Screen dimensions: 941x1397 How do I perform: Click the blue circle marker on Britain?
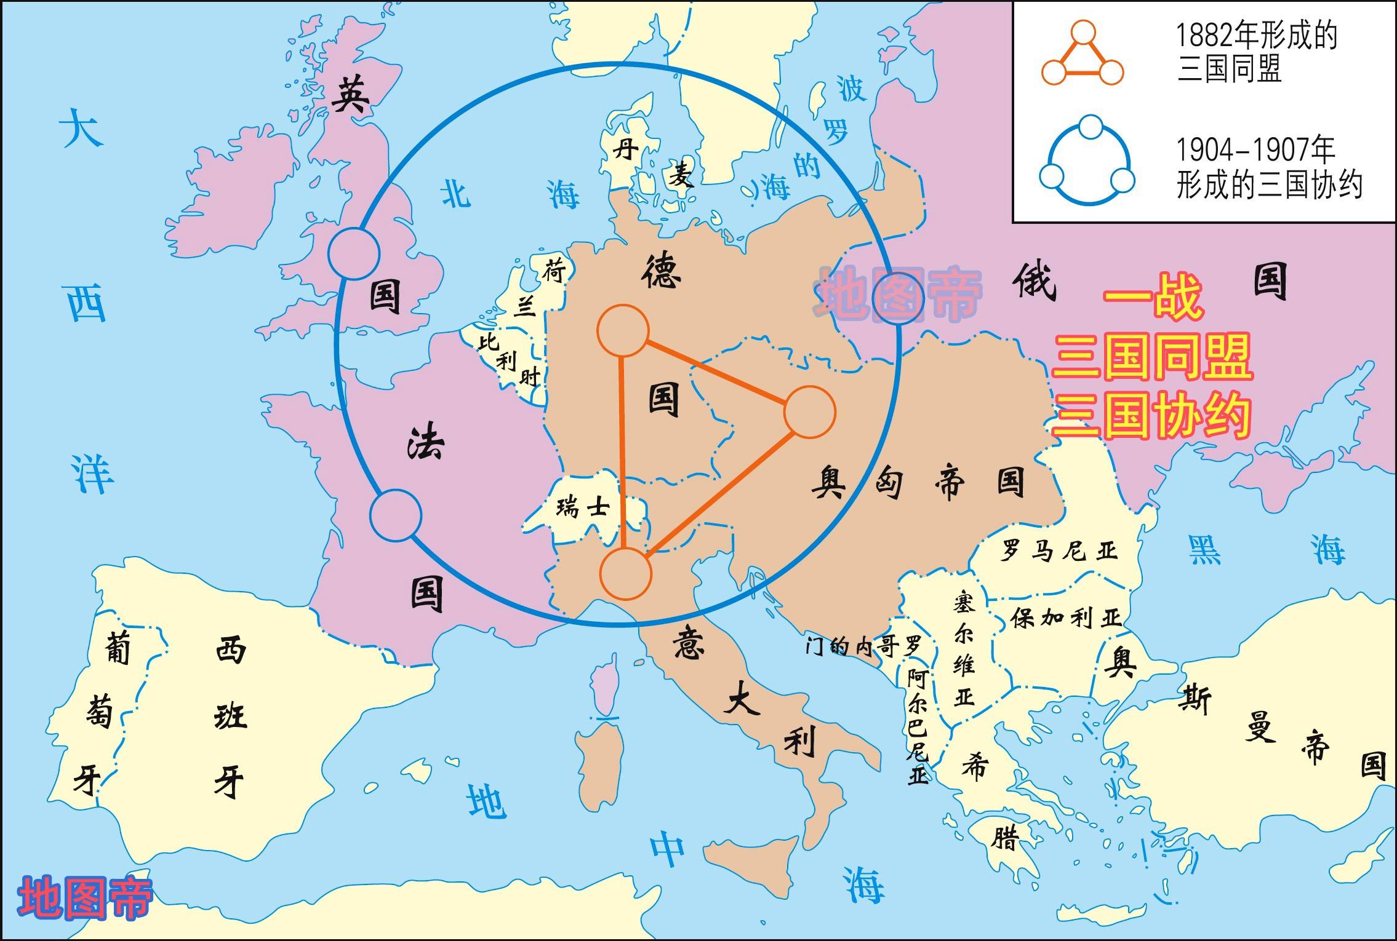353,253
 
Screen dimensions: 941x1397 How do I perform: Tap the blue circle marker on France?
396,515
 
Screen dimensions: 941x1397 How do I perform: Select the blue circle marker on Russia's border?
899,298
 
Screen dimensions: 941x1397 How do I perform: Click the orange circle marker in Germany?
623,330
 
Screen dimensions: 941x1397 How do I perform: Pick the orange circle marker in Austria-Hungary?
809,412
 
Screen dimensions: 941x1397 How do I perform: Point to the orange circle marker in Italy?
625,573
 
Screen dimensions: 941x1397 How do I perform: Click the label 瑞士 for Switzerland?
582,507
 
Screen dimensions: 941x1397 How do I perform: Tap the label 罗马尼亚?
1058,550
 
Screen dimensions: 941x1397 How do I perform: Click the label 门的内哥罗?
864,646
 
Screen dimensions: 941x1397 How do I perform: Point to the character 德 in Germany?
661,272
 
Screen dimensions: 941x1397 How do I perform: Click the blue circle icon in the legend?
1087,161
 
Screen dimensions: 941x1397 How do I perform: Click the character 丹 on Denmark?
625,148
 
